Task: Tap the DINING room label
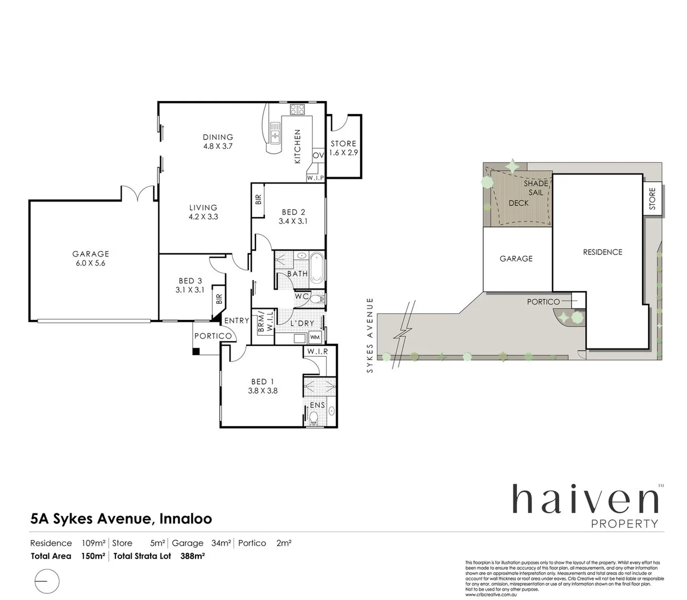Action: pos(218,137)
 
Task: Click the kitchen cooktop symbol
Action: pos(297,109)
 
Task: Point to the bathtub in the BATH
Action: pos(316,268)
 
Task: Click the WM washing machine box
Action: pos(315,337)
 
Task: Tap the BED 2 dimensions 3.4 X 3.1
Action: pos(293,221)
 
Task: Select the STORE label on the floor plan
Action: pos(343,143)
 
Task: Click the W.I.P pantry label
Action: pos(315,178)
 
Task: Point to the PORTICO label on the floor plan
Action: pos(213,336)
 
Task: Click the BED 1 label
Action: pos(263,382)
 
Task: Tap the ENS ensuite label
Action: pos(317,405)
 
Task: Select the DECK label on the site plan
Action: pos(518,203)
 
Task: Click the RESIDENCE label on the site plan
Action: pos(603,252)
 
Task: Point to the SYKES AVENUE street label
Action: pos(370,335)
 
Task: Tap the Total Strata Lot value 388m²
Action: pos(193,556)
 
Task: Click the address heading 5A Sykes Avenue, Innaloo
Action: pos(121,519)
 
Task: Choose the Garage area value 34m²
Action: pos(220,543)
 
